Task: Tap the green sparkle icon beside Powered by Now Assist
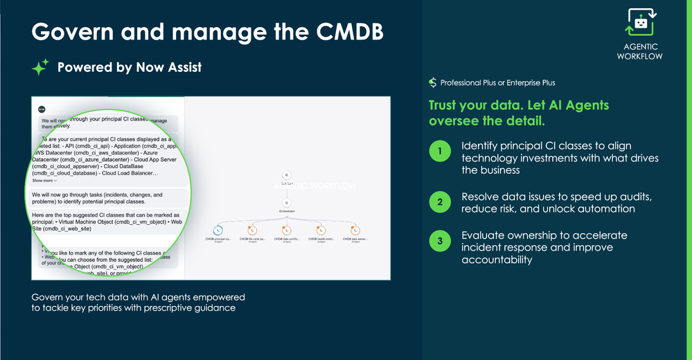[40, 67]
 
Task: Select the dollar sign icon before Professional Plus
[433, 82]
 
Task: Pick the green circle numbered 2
[440, 203]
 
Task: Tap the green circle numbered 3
[440, 242]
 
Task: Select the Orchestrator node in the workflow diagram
[286, 204]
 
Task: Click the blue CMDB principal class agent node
[219, 231]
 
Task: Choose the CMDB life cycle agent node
[253, 231]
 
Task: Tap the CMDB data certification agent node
[287, 231]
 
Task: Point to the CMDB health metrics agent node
[321, 231]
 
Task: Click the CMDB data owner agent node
[355, 231]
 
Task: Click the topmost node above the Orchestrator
[286, 176]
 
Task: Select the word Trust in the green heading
[447, 105]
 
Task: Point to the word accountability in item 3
[497, 260]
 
